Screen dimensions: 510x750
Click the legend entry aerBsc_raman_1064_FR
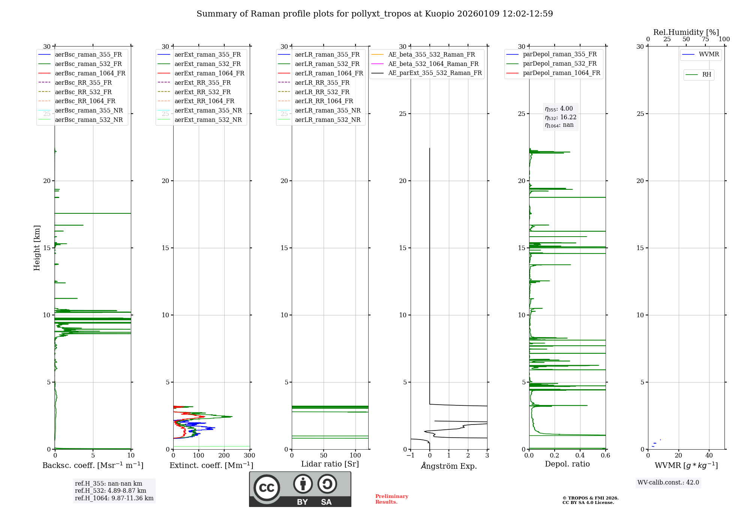[x=90, y=73]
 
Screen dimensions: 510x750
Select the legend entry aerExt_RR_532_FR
[x=202, y=92]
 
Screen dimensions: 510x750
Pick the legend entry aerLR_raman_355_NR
[x=327, y=111]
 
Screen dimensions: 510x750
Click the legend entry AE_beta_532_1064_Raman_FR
[x=433, y=64]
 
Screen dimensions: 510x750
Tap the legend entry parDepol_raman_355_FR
[x=559, y=54]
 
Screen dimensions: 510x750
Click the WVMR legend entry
[x=708, y=55]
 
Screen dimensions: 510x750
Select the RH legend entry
[x=706, y=75]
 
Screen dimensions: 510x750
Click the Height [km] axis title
[x=37, y=248]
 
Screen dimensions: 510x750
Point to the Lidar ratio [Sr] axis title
[x=330, y=464]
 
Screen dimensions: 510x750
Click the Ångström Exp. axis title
[x=449, y=466]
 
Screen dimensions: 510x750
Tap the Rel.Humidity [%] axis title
[x=686, y=32]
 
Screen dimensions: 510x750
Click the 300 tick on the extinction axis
[x=249, y=456]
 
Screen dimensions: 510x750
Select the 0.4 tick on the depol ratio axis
[x=580, y=456]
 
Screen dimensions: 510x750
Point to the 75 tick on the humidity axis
[x=705, y=39]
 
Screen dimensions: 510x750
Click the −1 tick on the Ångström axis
[x=410, y=456]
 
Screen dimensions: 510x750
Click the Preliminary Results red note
[x=391, y=499]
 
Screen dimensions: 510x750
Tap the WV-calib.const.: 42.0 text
[x=668, y=483]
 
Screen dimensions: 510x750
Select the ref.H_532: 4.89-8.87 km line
[x=111, y=491]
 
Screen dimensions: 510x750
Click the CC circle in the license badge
[x=267, y=488]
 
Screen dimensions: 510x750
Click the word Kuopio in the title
[x=438, y=14]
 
